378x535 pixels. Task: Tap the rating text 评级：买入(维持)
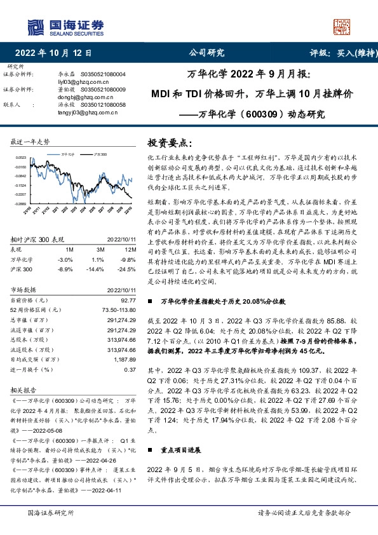(x=341, y=53)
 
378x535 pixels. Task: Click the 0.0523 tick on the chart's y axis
(x=21, y=157)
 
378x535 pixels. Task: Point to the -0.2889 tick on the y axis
(x=21, y=204)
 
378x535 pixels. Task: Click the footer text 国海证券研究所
(x=51, y=513)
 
